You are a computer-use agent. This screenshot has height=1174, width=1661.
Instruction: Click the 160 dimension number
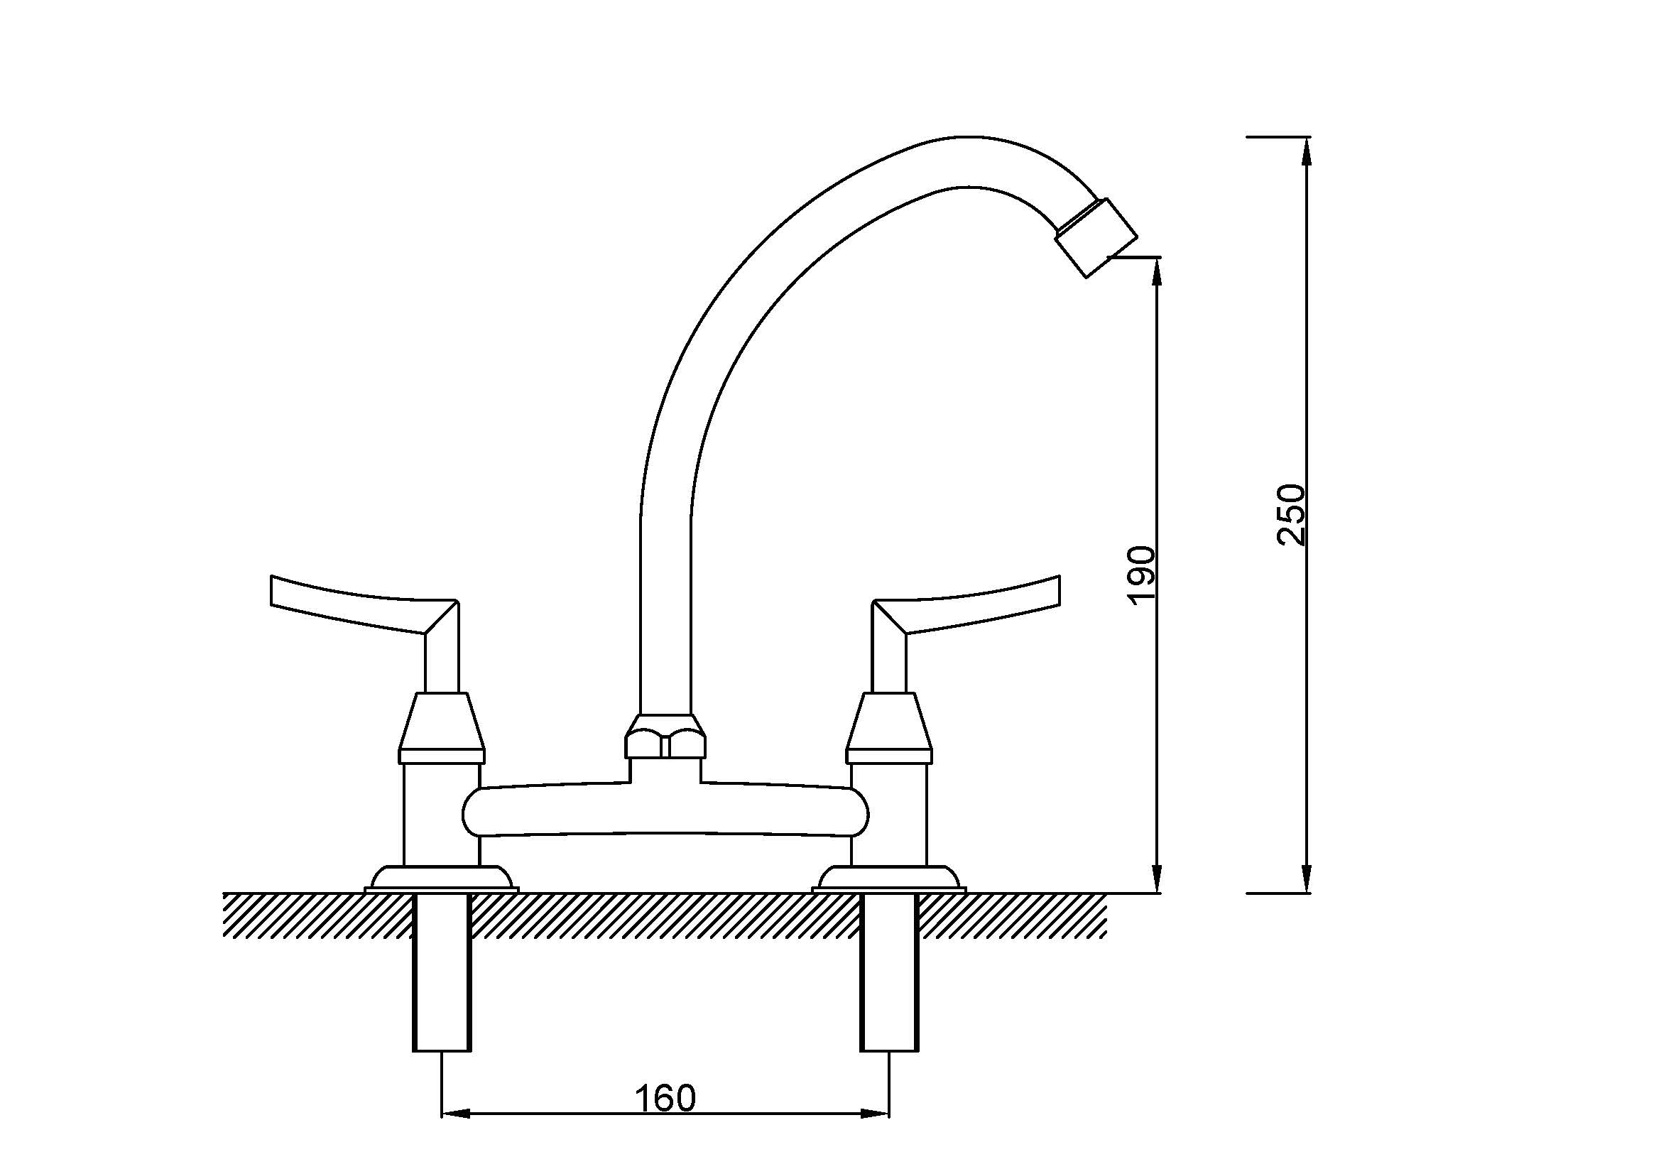(x=665, y=1098)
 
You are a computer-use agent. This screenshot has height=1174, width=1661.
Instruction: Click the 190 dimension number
(x=1142, y=575)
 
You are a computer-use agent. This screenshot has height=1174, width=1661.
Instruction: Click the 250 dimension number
(x=1291, y=514)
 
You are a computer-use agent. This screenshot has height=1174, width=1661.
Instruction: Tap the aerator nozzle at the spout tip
(x=1096, y=237)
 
